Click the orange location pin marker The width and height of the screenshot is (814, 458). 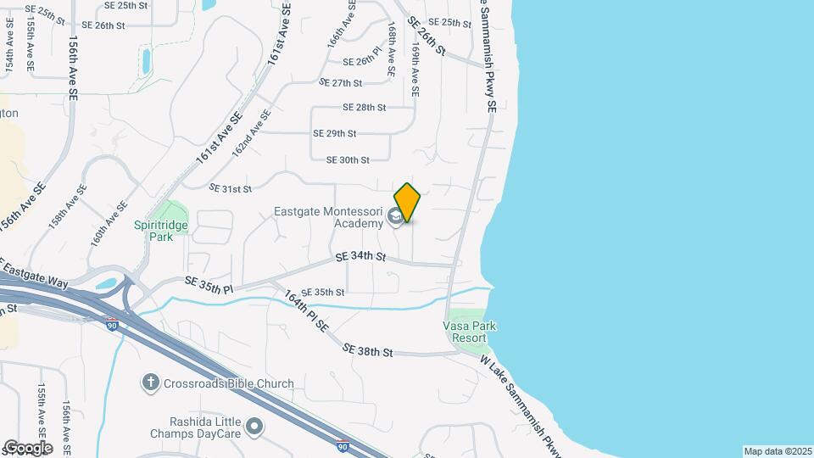[408, 203]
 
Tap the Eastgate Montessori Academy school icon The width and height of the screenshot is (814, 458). [394, 218]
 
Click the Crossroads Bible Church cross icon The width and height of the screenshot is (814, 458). [151, 383]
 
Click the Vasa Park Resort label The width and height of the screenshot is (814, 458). [470, 332]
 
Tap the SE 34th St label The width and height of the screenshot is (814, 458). [360, 256]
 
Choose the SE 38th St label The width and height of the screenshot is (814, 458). [368, 350]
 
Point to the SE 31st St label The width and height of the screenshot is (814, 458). [231, 187]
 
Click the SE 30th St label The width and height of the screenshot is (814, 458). [348, 159]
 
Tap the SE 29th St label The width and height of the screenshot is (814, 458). [334, 133]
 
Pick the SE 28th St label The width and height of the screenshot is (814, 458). [364, 108]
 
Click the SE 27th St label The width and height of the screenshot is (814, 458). [340, 82]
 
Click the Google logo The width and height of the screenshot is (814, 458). [27, 447]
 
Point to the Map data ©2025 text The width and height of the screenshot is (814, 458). [777, 451]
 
